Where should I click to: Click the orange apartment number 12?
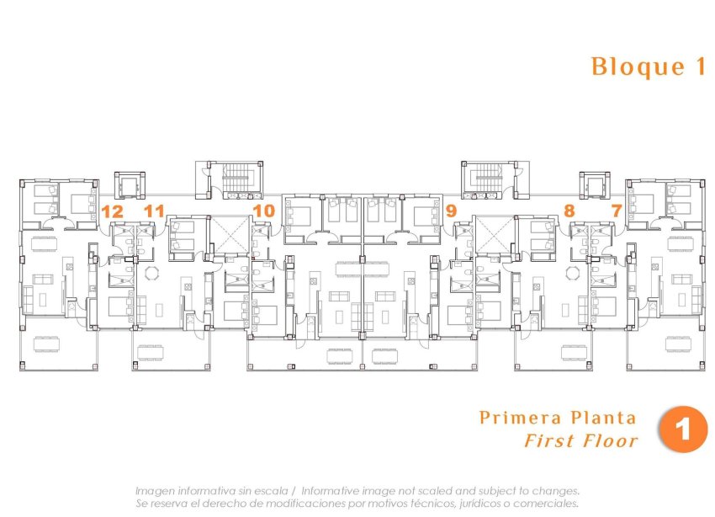(112, 211)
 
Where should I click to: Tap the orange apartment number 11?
(154, 211)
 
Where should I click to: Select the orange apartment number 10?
(263, 211)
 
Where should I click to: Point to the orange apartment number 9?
(451, 211)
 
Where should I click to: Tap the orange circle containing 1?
(683, 429)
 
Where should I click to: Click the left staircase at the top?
(238, 178)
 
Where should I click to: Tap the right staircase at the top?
(487, 178)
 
